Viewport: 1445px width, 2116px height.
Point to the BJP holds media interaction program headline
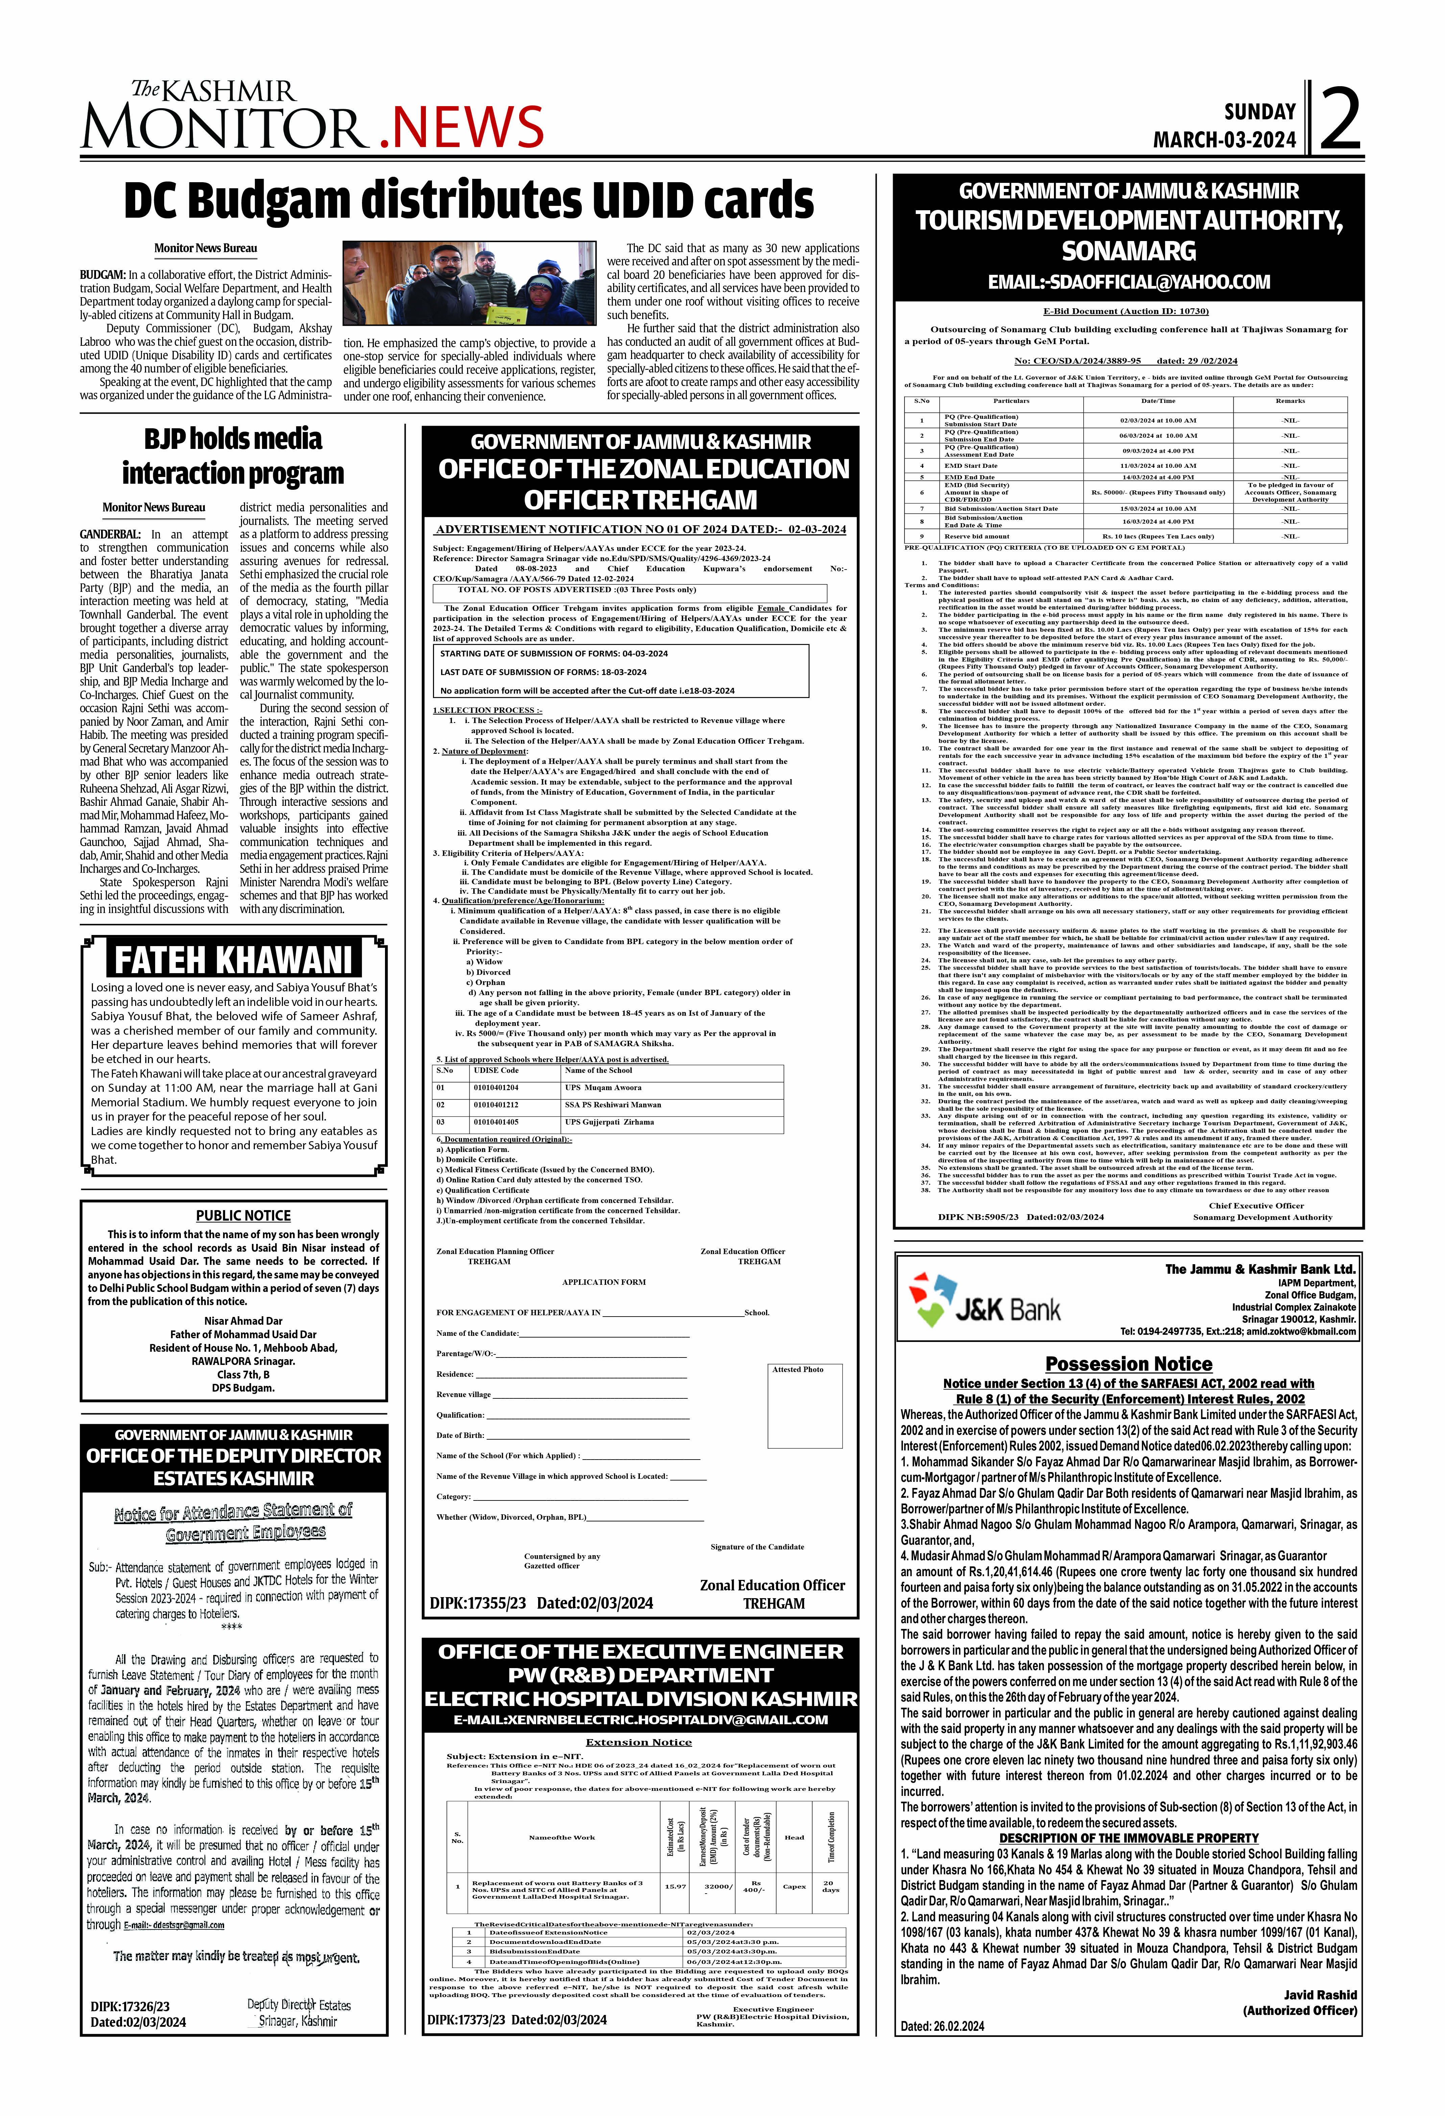[233, 456]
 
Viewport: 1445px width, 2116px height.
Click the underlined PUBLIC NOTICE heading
[243, 1216]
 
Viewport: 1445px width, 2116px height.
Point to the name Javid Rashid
[1320, 1995]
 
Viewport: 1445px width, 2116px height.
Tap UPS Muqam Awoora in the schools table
[603, 1087]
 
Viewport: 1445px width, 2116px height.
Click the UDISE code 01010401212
[496, 1104]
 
